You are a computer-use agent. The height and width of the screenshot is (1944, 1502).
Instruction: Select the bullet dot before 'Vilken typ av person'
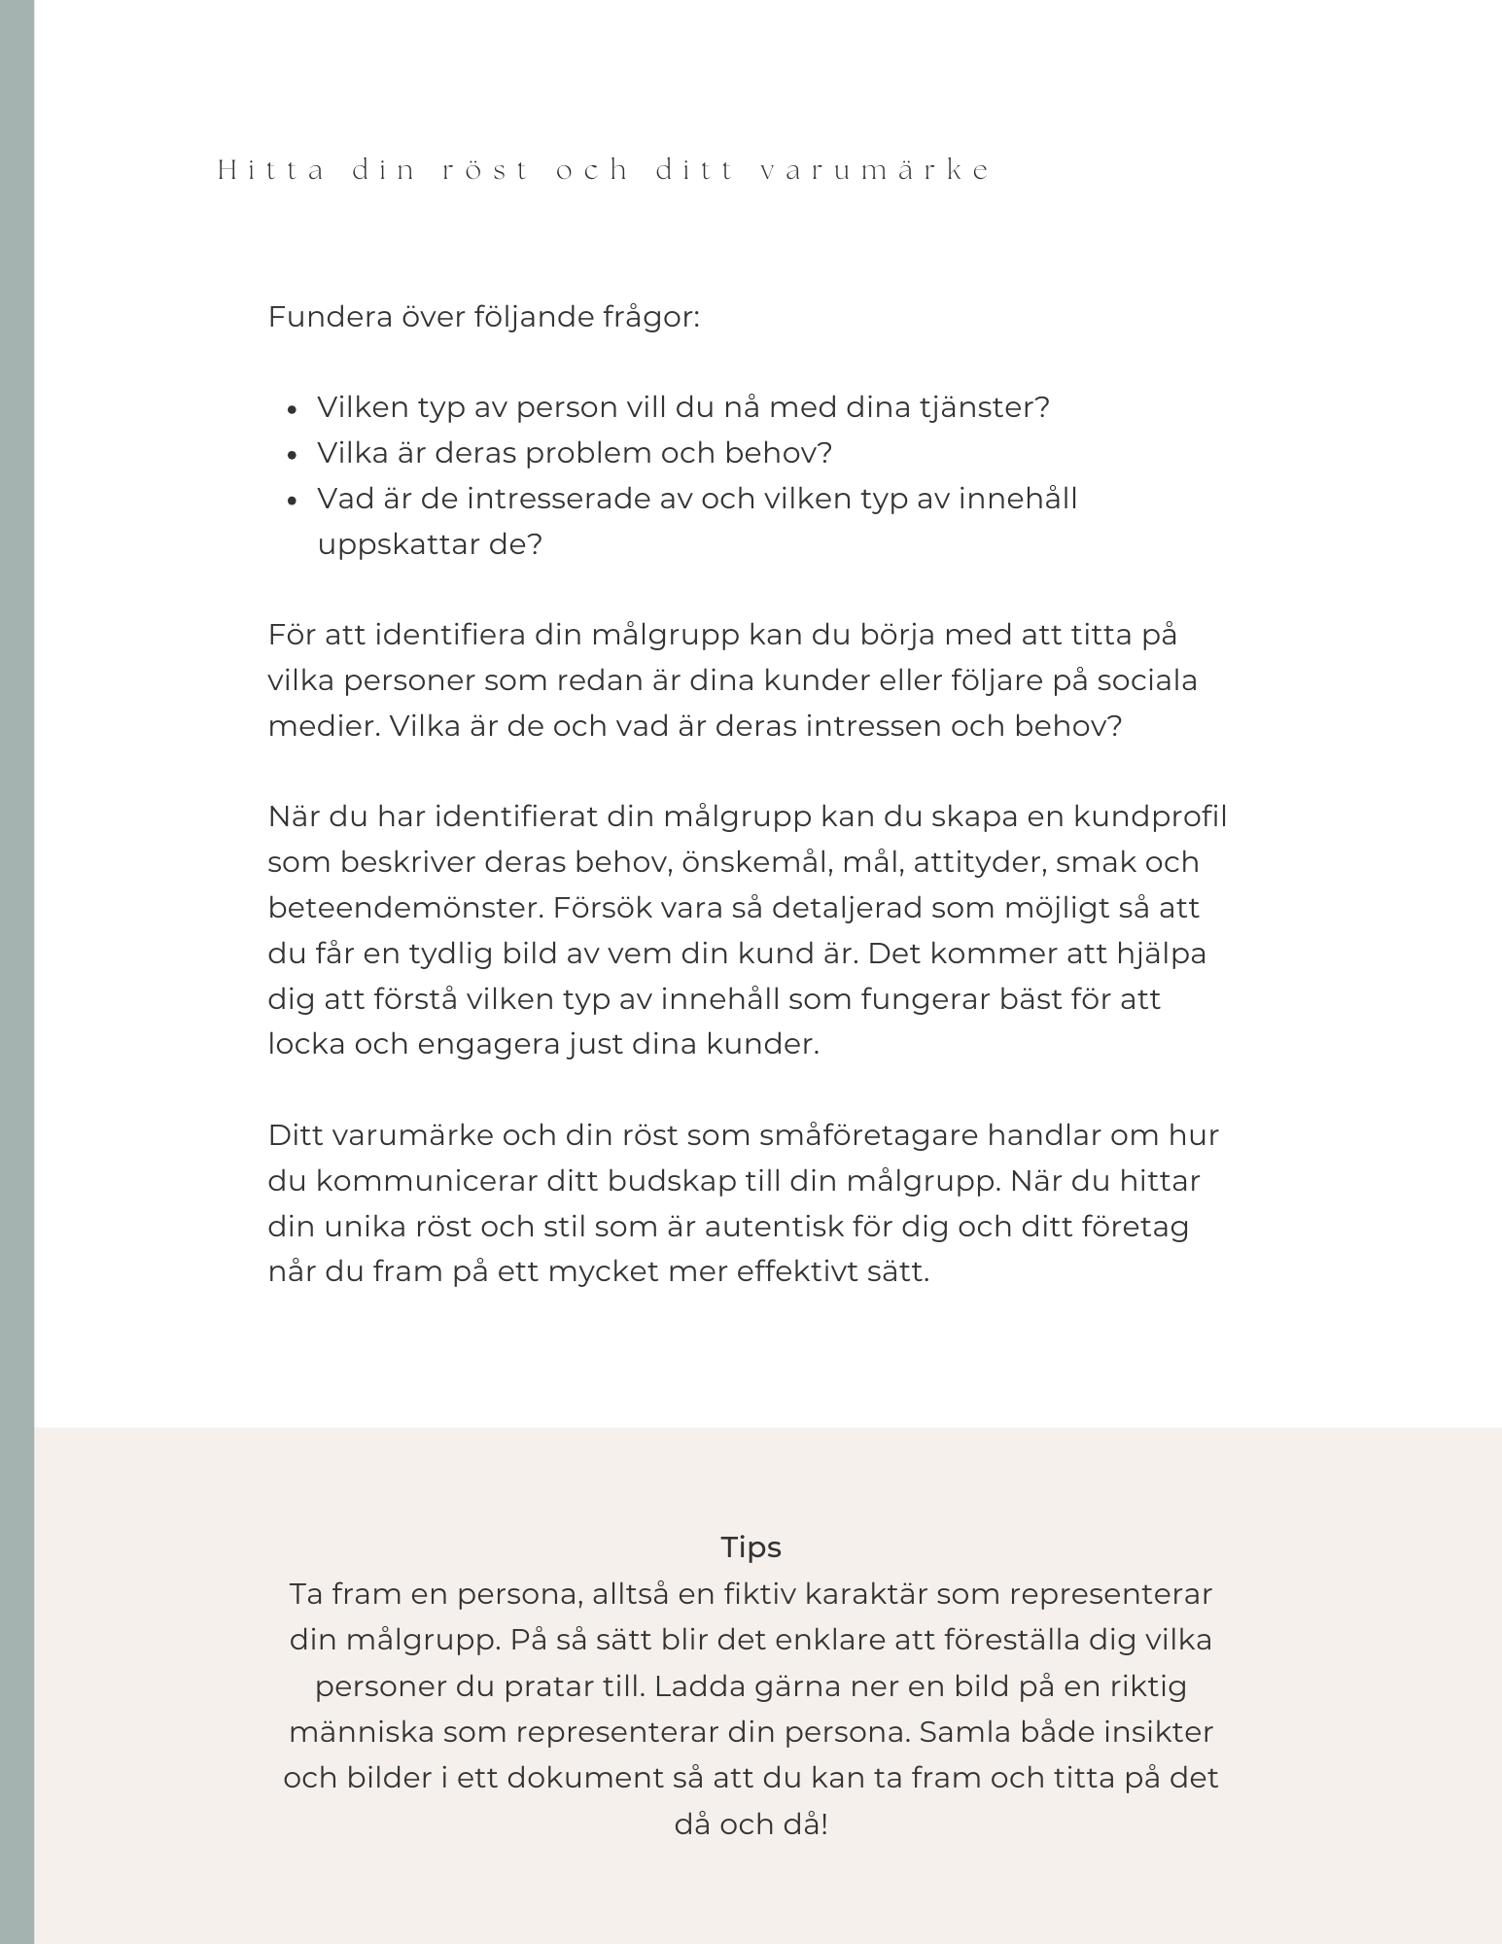(293, 409)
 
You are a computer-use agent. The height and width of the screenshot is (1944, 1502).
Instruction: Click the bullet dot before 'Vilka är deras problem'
(293, 455)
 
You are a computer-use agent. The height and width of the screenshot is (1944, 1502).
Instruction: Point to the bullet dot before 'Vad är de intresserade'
(293, 501)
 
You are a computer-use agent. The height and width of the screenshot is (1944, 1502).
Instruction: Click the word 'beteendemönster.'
(405, 908)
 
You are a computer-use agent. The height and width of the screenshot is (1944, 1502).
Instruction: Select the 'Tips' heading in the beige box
(751, 1547)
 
